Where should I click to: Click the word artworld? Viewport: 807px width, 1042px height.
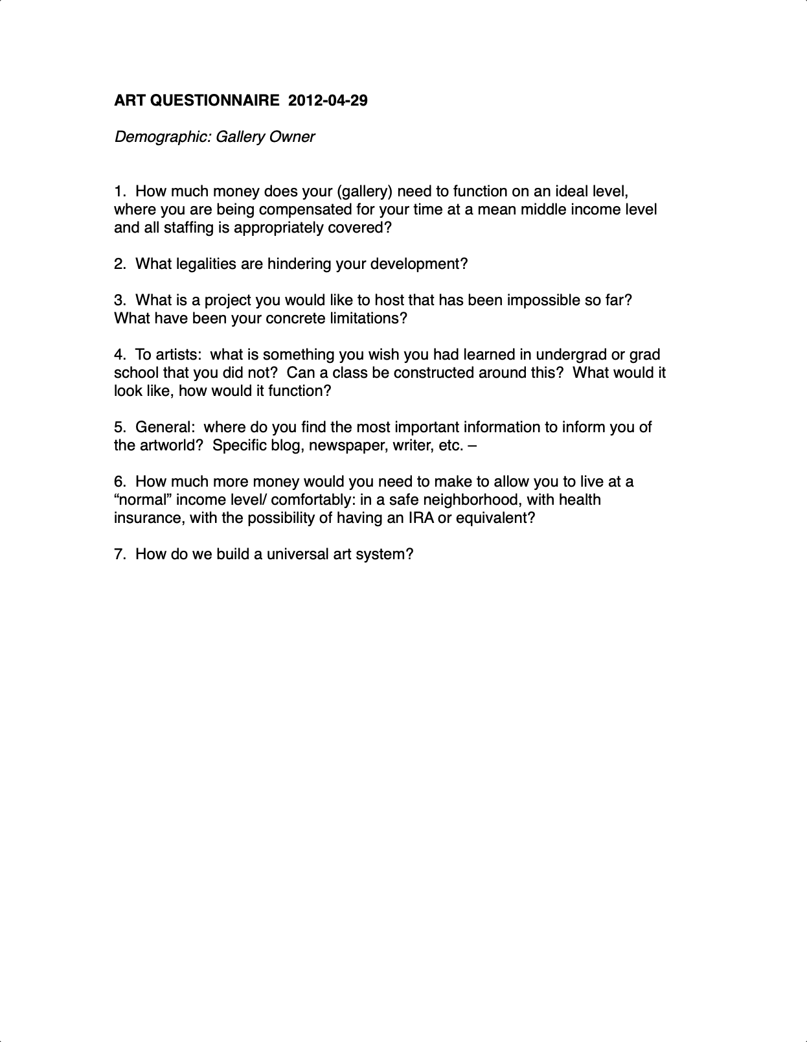[x=172, y=445]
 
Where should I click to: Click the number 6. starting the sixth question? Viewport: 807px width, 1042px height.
[x=120, y=481]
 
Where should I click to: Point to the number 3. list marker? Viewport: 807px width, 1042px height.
[x=120, y=300]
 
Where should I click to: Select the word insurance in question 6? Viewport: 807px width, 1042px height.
[x=149, y=518]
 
